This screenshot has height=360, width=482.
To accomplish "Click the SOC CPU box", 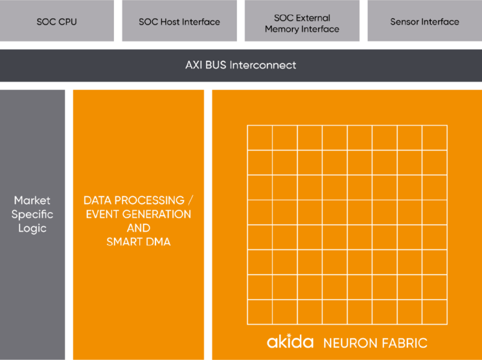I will [57, 22].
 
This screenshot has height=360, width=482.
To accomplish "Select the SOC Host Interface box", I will [179, 22].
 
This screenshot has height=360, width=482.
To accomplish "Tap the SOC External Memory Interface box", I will [302, 23].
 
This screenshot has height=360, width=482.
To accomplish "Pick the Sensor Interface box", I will [424, 22].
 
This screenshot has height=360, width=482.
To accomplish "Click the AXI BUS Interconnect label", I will [240, 64].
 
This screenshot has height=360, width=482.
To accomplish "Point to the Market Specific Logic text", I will [33, 214].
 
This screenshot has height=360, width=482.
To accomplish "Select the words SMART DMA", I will [139, 242].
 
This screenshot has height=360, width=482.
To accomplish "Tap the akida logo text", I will [290, 342].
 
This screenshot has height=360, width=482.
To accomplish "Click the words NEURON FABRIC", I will [375, 343].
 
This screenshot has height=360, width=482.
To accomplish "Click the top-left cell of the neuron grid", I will [260, 138].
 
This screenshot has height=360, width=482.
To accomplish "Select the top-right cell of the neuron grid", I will [434, 138].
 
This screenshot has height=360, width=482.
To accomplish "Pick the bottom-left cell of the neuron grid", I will [260, 311].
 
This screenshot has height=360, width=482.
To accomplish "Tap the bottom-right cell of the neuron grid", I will [434, 311].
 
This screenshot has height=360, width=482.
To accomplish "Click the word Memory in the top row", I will [282, 28].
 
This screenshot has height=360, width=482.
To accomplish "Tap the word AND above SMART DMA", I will [139, 228].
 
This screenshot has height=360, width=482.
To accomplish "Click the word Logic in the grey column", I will [33, 229].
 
